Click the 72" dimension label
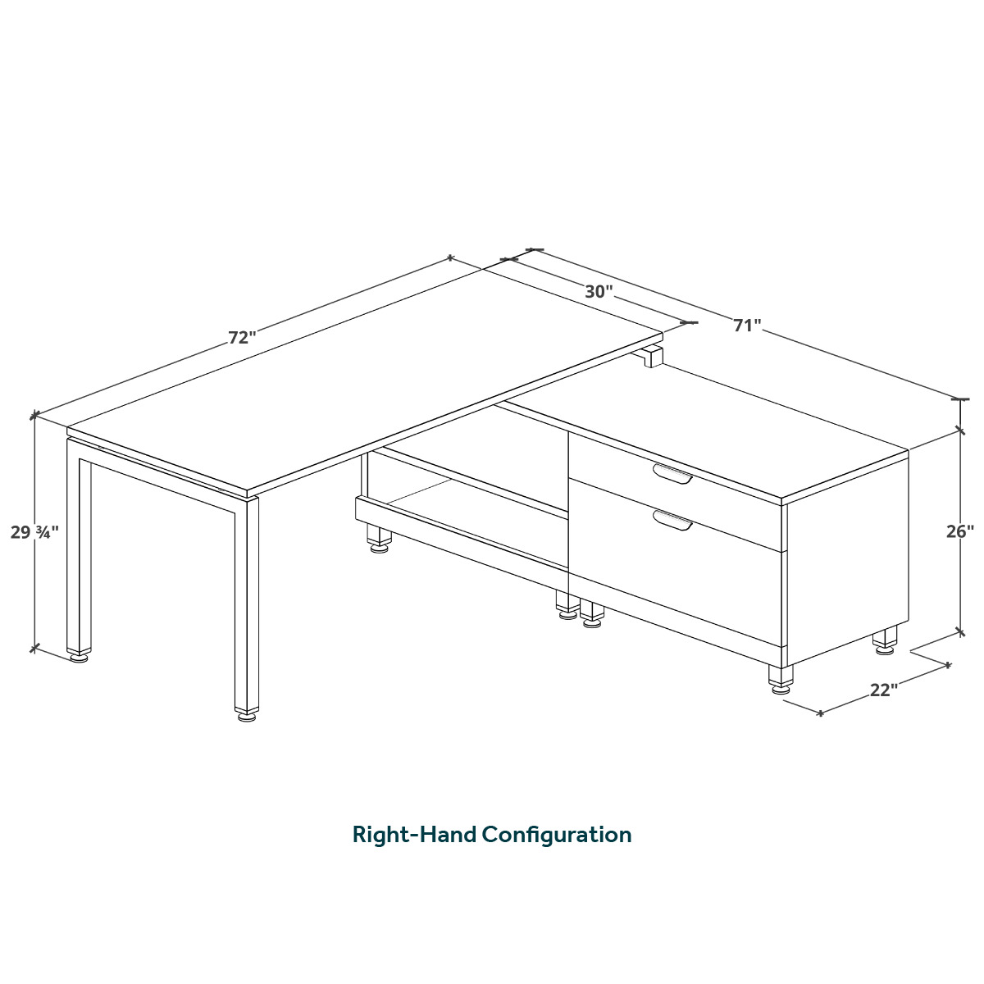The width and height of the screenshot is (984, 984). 242,338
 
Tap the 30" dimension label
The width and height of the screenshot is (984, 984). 599,292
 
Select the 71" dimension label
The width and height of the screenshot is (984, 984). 747,325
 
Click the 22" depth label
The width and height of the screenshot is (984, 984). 884,690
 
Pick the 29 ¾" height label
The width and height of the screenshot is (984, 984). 34,532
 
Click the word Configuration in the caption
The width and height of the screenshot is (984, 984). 557,835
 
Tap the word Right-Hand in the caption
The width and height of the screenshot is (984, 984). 414,835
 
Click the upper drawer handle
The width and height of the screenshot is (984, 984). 672,473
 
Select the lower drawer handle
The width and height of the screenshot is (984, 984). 672,520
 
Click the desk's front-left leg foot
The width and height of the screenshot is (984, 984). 80,658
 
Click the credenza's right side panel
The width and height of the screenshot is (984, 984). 848,556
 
